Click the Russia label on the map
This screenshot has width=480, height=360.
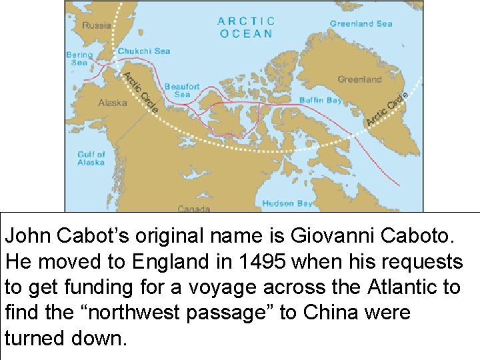(97, 25)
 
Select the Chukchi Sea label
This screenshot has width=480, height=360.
(144, 51)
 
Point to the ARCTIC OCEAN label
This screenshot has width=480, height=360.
(245, 27)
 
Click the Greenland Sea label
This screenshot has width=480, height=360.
(361, 24)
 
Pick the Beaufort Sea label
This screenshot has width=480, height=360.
(182, 91)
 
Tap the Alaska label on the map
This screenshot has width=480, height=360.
(113, 103)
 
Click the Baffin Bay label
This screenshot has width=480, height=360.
(320, 100)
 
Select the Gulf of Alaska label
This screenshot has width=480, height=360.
(91, 159)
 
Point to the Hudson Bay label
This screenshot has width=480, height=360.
(287, 203)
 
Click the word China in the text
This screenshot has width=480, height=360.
(338, 312)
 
